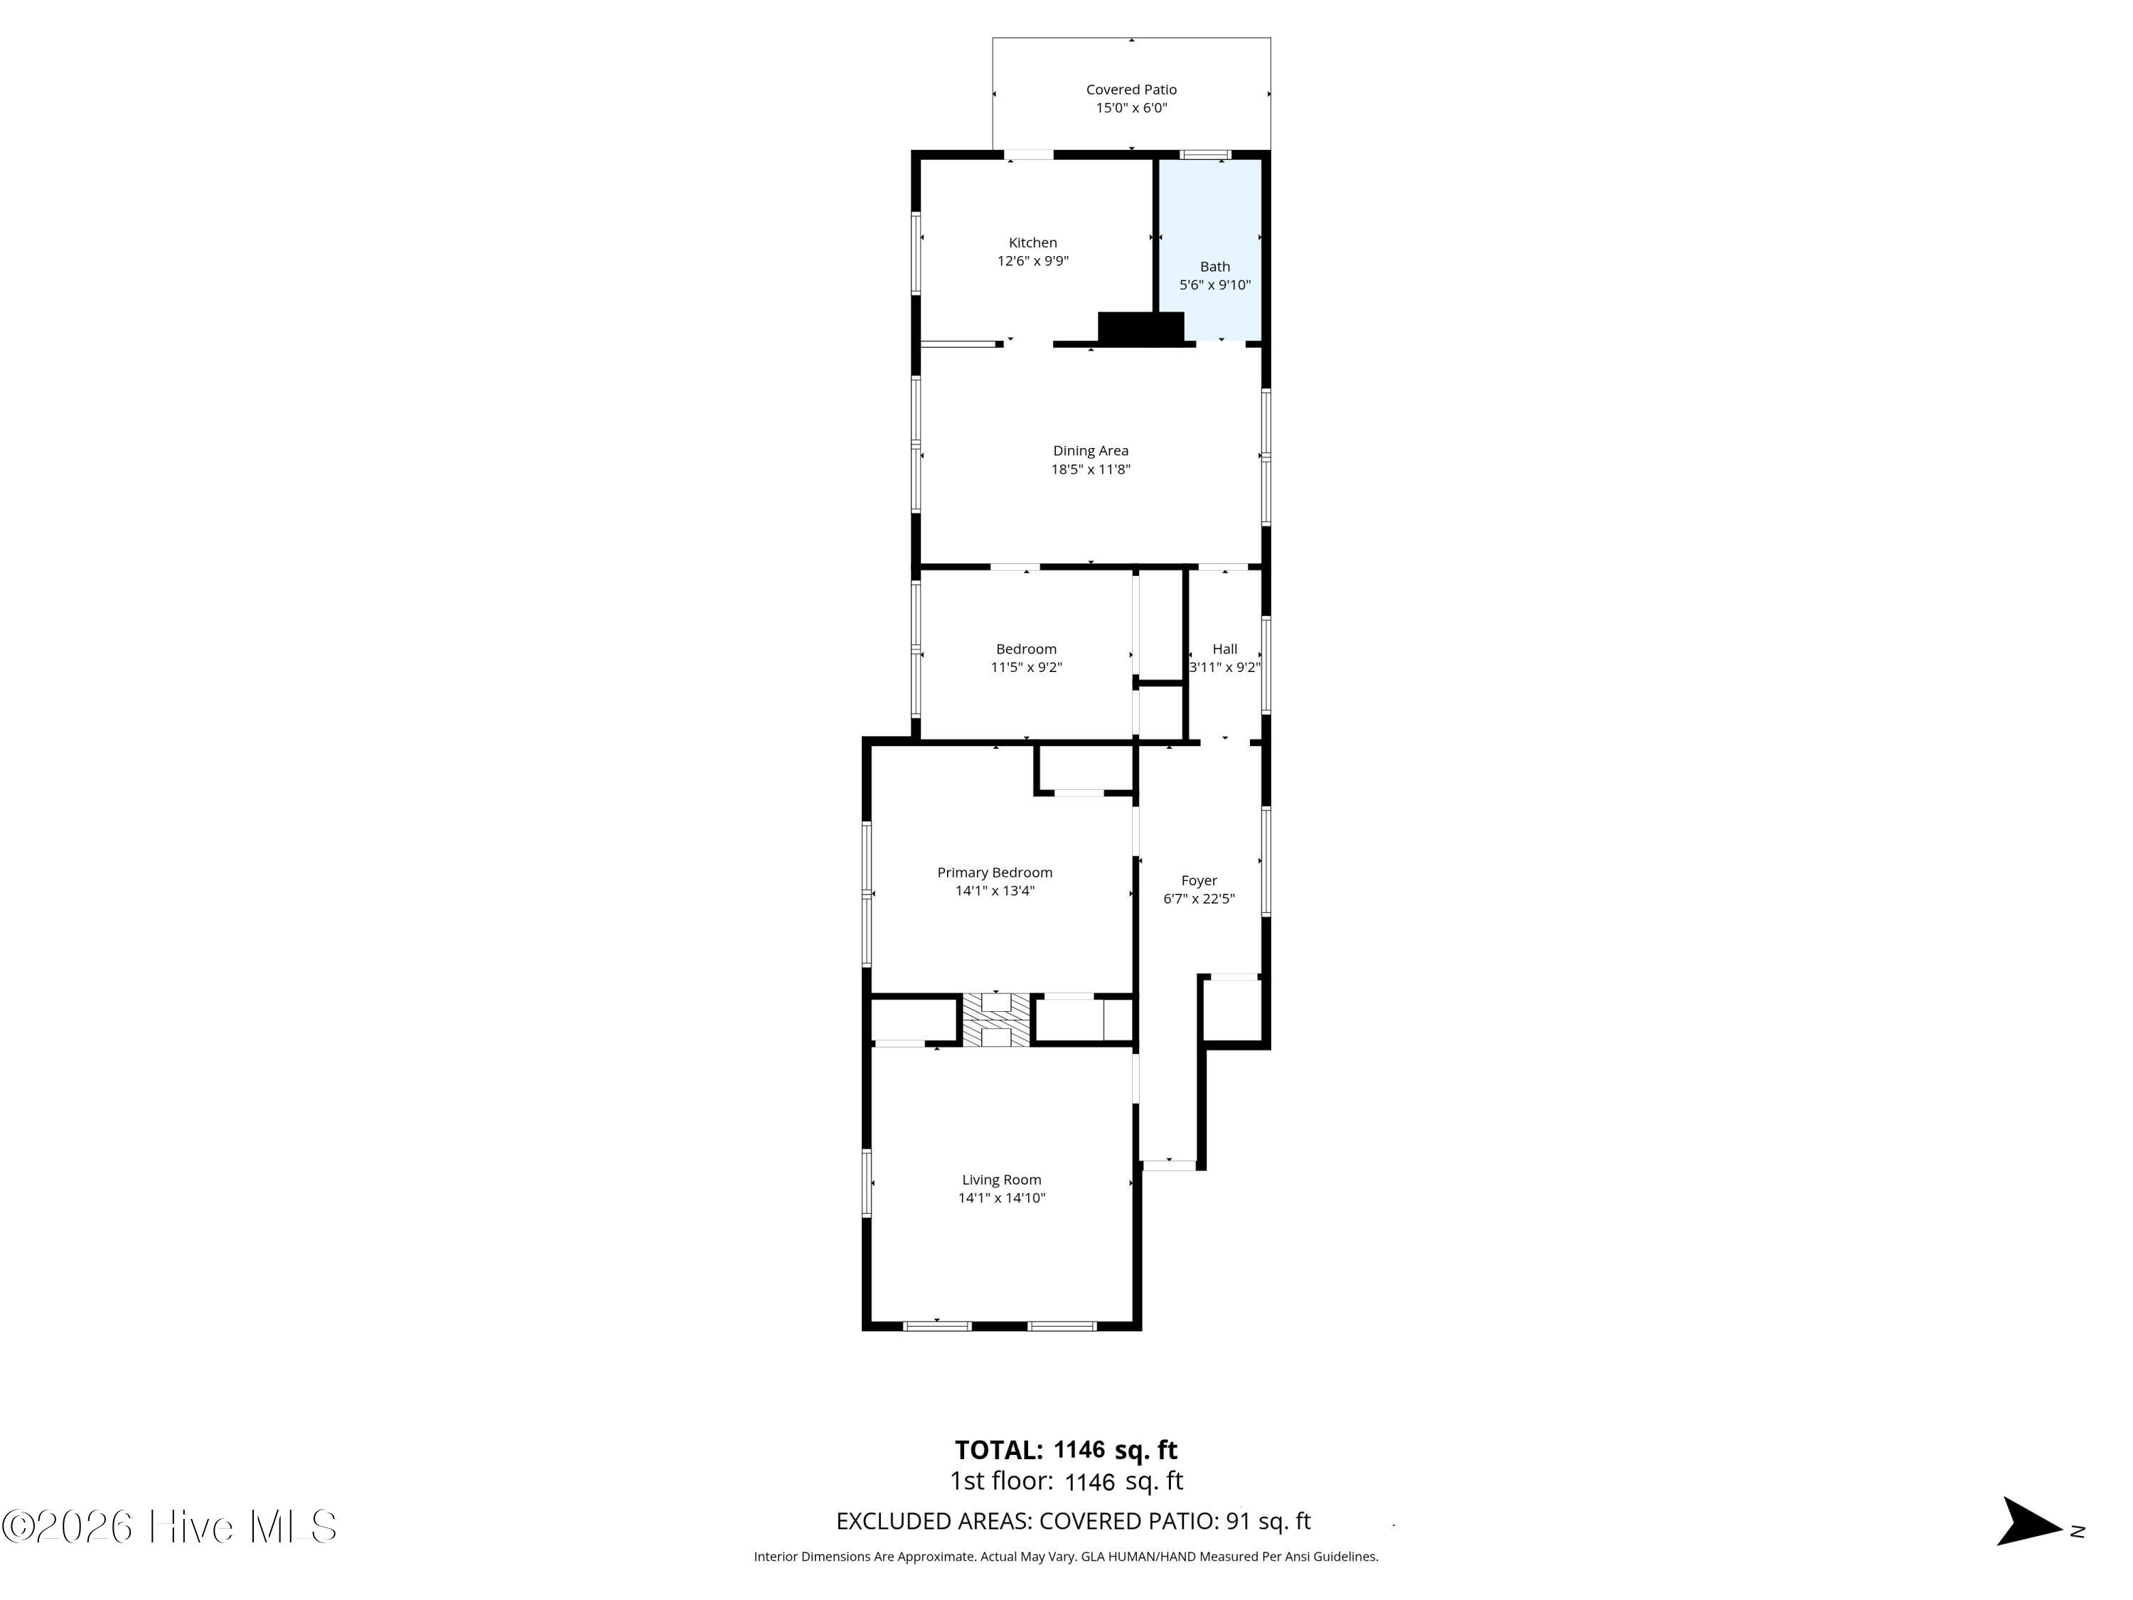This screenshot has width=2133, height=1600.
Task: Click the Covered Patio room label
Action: tap(1131, 90)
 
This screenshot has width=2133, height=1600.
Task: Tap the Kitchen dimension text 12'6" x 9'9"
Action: tap(1033, 260)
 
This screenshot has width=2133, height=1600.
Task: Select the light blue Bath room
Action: tap(1210, 249)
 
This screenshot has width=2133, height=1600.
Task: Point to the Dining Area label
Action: tap(1091, 450)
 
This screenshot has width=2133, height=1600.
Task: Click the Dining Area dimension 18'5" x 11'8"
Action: tap(1091, 469)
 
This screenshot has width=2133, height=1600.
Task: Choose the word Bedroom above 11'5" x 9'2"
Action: tap(1026, 649)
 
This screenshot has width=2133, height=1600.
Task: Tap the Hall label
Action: tap(1224, 649)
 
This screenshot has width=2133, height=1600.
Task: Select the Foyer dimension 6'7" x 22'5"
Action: tap(1199, 899)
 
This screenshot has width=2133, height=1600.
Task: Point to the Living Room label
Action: tap(1002, 1180)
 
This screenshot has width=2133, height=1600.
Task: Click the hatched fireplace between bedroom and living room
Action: tap(996, 1020)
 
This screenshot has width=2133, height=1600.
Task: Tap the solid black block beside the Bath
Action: tap(1140, 327)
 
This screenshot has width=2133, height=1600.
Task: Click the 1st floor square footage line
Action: tap(1066, 1481)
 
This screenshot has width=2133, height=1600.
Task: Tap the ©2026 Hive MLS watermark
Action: tap(170, 1527)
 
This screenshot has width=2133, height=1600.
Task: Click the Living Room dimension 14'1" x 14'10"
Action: tap(1002, 1198)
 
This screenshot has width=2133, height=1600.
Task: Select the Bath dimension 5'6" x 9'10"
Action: tap(1215, 284)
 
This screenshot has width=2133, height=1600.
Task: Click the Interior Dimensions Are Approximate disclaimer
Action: tap(1066, 1556)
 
